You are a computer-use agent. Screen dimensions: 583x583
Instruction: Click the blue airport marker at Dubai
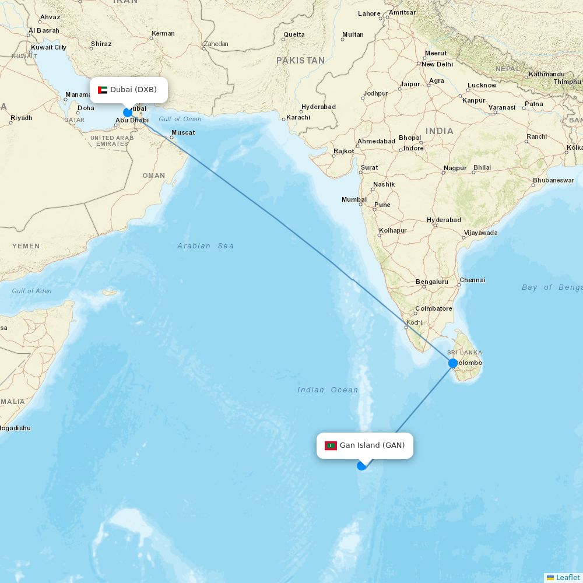click(x=128, y=113)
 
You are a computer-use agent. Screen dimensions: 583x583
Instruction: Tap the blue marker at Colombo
click(x=453, y=363)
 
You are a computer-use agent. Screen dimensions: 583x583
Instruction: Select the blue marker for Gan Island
click(x=361, y=465)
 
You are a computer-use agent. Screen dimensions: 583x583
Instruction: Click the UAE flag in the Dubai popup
click(x=103, y=90)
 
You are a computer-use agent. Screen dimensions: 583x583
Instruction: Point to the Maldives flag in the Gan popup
click(x=331, y=445)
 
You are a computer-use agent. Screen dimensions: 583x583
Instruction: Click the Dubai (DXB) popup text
click(x=134, y=90)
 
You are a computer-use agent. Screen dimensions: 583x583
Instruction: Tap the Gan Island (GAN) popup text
click(x=372, y=445)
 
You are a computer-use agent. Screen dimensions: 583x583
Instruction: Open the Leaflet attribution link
click(x=567, y=577)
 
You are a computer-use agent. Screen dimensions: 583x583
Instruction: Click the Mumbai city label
click(x=354, y=200)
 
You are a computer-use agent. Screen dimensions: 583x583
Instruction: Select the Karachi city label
click(x=298, y=117)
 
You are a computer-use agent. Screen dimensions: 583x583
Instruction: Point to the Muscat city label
click(x=183, y=132)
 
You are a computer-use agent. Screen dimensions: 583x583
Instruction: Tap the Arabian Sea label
click(x=206, y=246)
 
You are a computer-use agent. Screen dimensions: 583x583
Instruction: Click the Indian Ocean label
click(x=328, y=390)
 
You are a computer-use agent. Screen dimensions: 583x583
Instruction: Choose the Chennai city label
click(x=472, y=280)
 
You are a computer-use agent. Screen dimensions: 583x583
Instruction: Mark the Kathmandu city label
click(x=547, y=74)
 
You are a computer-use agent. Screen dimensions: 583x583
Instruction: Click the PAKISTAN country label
click(x=300, y=61)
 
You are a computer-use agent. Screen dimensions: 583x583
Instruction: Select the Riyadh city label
click(x=22, y=118)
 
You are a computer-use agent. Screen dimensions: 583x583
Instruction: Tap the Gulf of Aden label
click(x=31, y=291)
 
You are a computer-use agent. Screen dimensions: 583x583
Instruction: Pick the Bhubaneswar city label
click(x=553, y=180)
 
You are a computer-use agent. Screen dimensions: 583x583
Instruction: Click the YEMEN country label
click(x=26, y=246)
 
